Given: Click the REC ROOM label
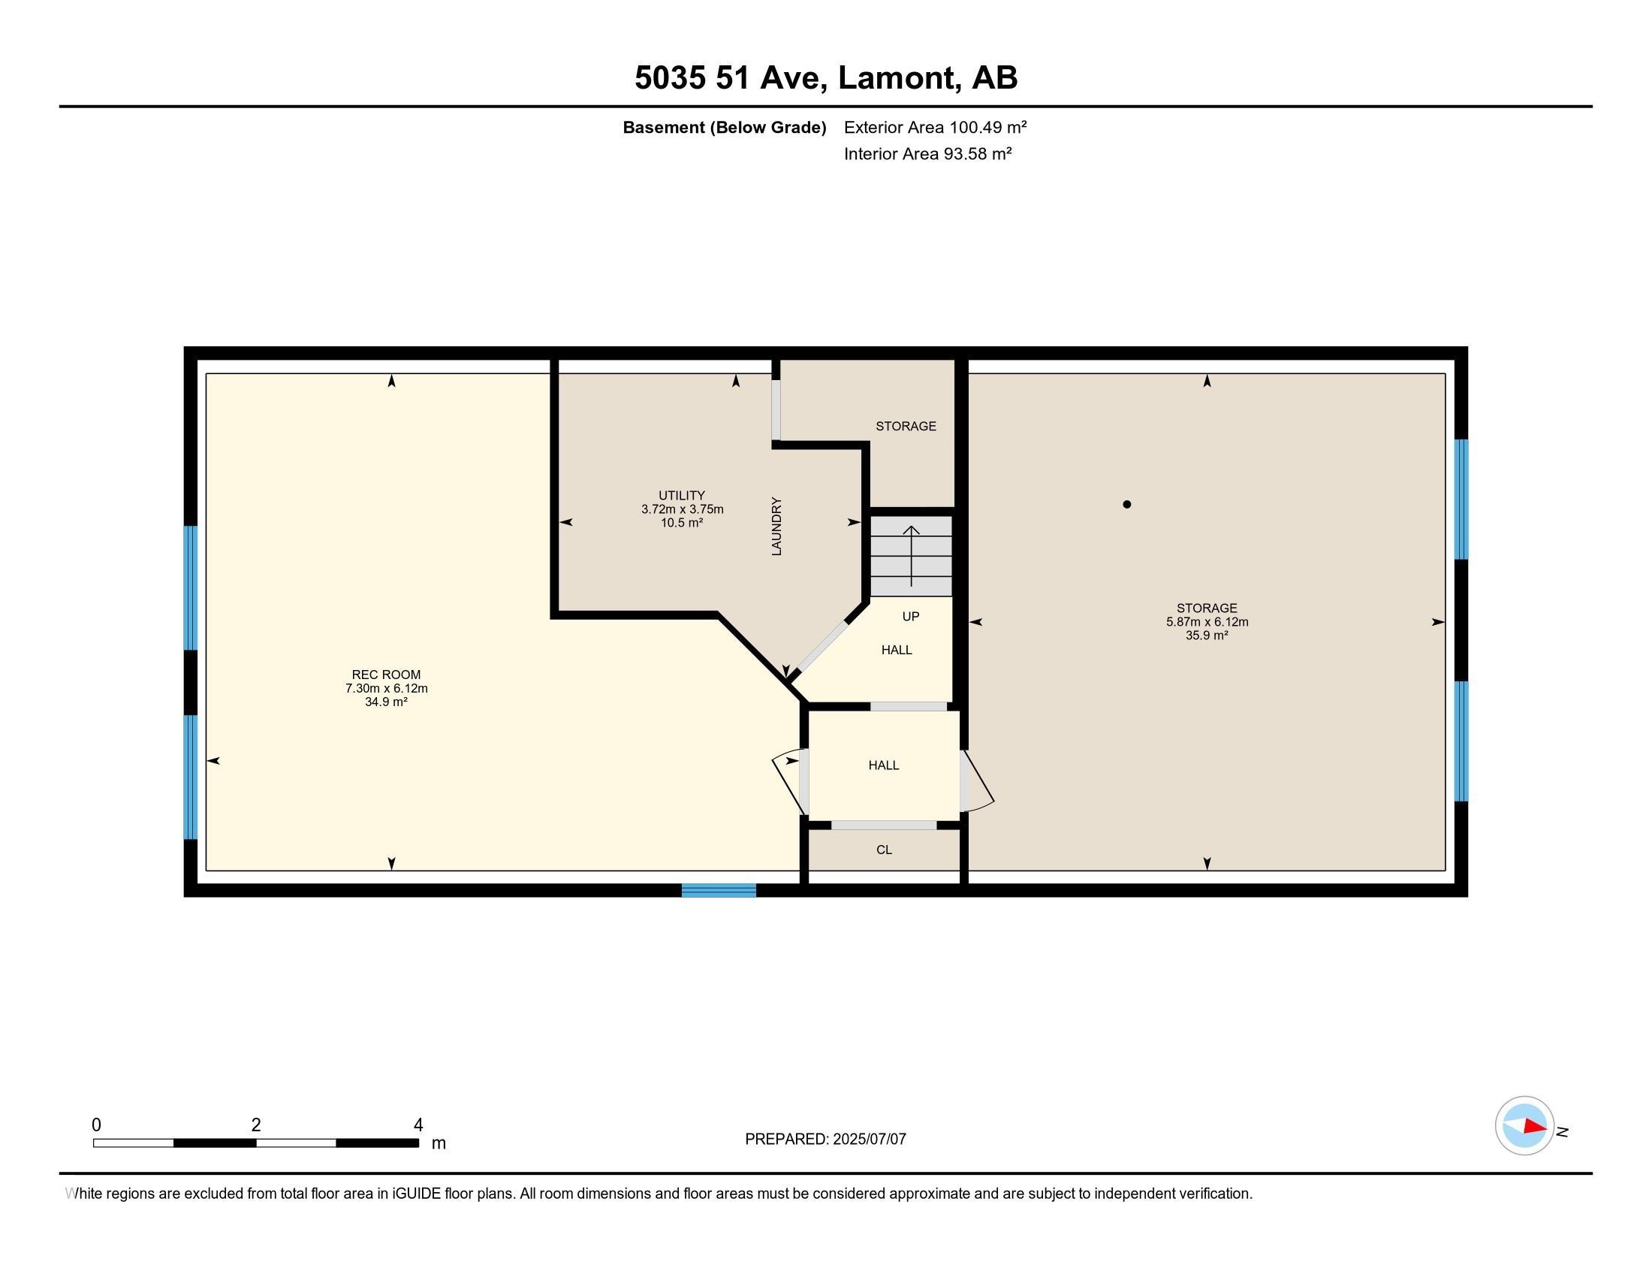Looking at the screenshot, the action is (x=386, y=675).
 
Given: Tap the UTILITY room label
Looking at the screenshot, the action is (x=682, y=496).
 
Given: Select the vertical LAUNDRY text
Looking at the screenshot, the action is (x=776, y=527).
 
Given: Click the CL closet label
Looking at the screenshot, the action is (x=885, y=850).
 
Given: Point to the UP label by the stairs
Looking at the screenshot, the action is (x=911, y=617).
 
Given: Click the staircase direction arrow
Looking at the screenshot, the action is (x=912, y=556).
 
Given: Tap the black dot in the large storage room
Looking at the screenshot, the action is (x=1127, y=505).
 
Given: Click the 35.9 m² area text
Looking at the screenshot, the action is (x=1207, y=635).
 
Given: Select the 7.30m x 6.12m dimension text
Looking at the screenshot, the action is (x=387, y=688).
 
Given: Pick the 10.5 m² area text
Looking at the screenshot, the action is (x=682, y=522).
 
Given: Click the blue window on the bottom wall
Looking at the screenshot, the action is (x=719, y=890).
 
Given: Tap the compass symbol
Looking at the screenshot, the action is (x=1524, y=1126).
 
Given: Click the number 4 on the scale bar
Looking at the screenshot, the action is (x=418, y=1125).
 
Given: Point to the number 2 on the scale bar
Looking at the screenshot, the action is (x=256, y=1125).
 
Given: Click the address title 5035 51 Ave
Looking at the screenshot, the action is (x=729, y=77).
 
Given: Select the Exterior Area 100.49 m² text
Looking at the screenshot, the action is (x=936, y=127).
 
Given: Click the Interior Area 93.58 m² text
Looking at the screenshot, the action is (x=928, y=153).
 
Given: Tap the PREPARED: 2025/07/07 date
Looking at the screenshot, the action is (x=825, y=1139).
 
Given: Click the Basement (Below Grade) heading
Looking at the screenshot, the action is (x=724, y=127).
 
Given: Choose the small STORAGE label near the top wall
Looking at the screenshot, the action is (x=906, y=426).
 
